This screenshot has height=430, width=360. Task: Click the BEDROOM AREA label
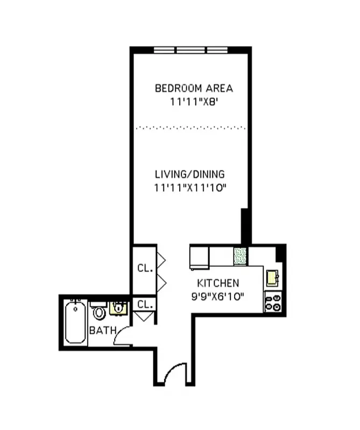pos(194,88)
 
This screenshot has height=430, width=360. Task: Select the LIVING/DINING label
pos(189,174)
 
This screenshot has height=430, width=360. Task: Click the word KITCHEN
pos(218,283)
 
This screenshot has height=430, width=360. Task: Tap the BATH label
pos(102,330)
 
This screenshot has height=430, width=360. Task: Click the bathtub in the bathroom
pos(75,322)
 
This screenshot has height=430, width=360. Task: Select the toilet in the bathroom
pos(99,311)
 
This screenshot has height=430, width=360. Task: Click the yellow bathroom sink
pos(118,308)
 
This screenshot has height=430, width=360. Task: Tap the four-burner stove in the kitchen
pos(273,302)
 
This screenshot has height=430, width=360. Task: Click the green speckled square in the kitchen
pos(240,256)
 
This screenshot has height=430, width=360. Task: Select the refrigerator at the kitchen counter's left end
pos(199,257)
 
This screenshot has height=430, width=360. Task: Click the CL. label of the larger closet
pos(144,268)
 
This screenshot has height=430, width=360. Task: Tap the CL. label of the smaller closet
pos(144,304)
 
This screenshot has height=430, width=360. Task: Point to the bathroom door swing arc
pos(122,335)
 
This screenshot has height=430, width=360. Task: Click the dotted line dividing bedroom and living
pos(190,128)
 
